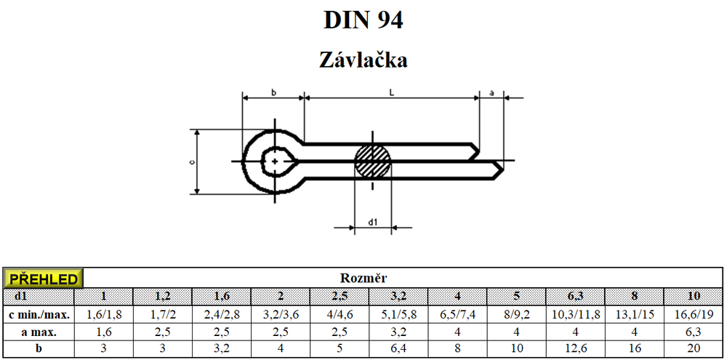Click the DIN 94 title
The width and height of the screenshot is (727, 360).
pyautogui.click(x=363, y=20)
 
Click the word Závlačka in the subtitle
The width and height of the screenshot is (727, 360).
pyautogui.click(x=363, y=59)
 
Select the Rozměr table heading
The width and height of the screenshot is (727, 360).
pyautogui.click(x=363, y=278)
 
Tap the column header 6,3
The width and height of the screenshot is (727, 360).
pyautogui.click(x=575, y=296)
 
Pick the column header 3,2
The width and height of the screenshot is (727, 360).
pyautogui.click(x=398, y=296)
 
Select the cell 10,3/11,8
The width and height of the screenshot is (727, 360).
pyautogui.click(x=575, y=314)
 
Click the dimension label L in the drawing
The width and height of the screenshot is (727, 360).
pyautogui.click(x=392, y=92)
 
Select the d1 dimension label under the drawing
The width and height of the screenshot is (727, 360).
pyautogui.click(x=373, y=221)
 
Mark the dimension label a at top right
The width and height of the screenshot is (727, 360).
pyautogui.click(x=491, y=92)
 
